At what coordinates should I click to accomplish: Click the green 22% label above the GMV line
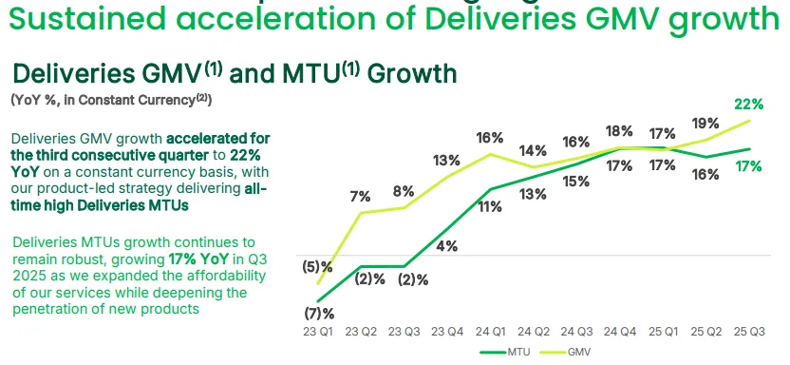click(748, 105)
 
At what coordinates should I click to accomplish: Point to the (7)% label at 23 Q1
click(319, 314)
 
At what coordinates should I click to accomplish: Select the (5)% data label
click(317, 267)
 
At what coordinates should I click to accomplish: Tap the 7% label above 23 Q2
click(360, 197)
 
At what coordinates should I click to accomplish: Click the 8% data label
click(404, 192)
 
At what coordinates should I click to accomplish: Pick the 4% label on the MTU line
click(447, 246)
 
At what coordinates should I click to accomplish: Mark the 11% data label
click(490, 206)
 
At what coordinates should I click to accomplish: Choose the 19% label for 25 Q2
click(705, 124)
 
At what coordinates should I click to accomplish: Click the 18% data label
click(619, 131)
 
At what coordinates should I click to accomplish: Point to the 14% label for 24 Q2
click(533, 150)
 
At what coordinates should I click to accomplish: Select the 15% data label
click(575, 182)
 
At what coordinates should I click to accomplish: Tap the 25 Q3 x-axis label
click(749, 332)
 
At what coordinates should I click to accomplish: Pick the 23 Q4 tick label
click(447, 332)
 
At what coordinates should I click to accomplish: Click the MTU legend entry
click(505, 353)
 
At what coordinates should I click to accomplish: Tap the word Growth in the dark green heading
click(412, 73)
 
